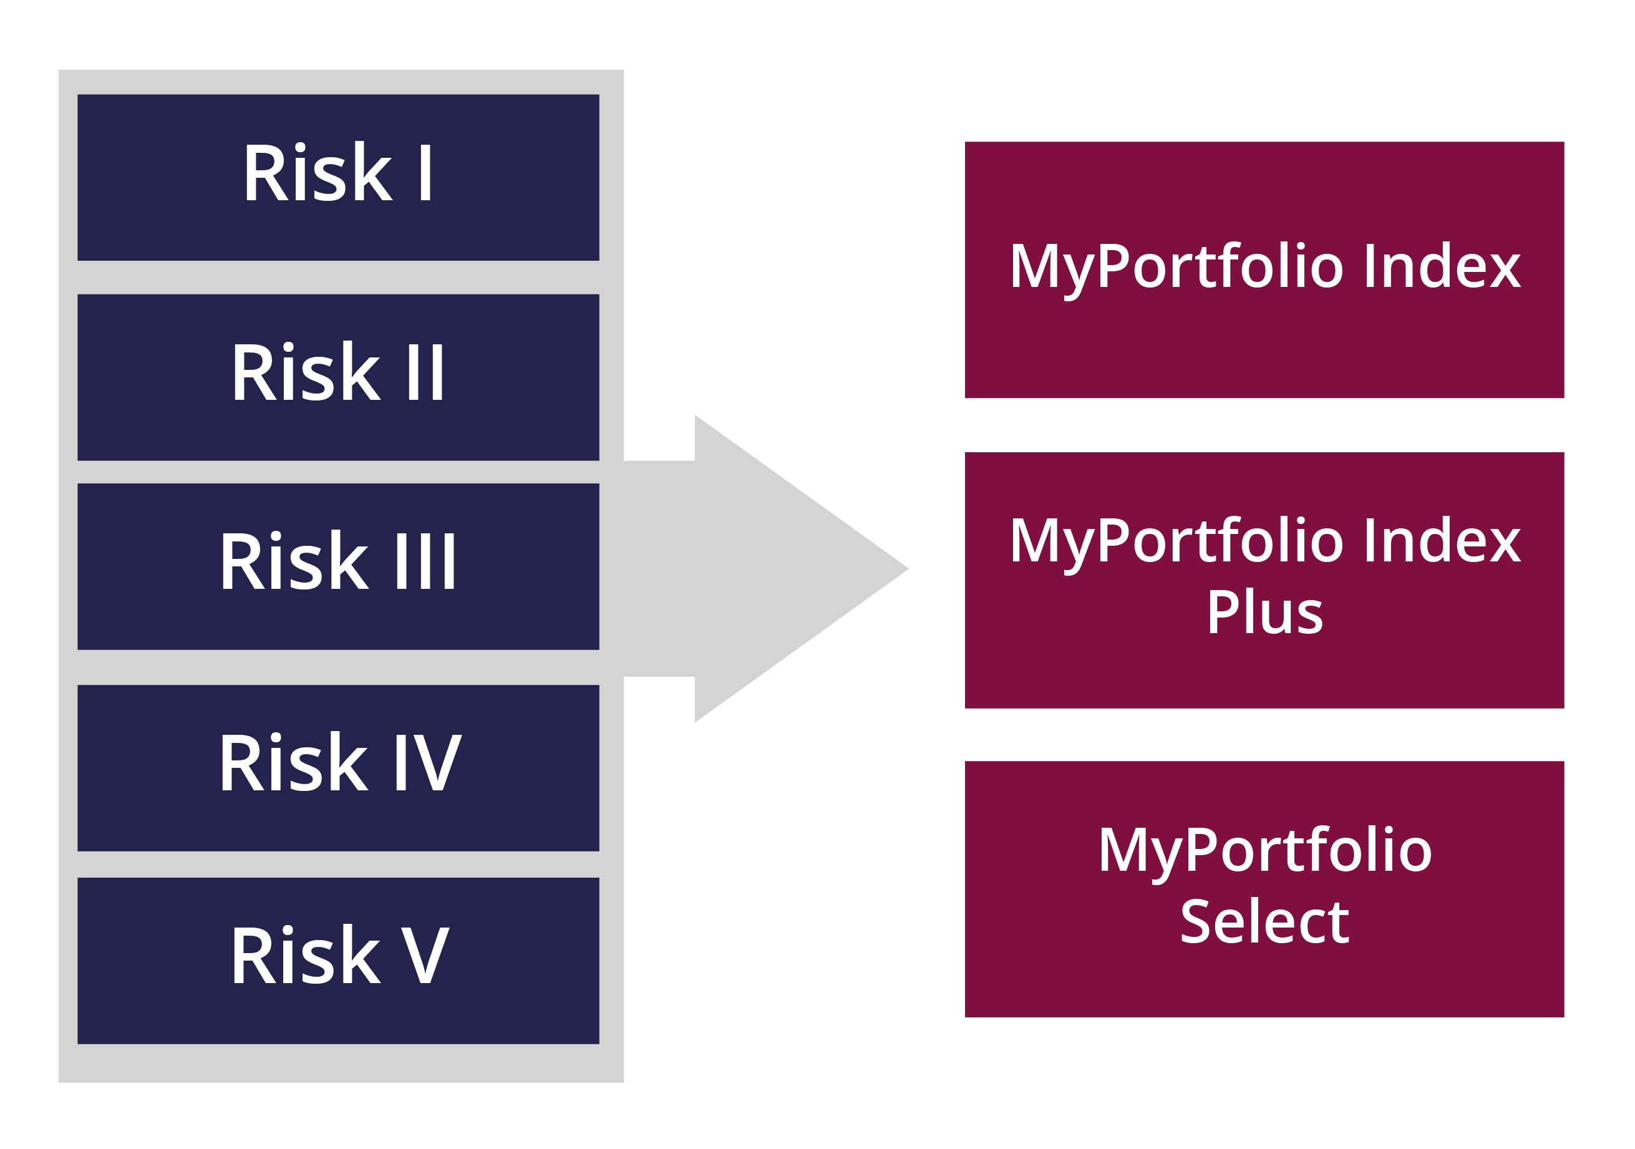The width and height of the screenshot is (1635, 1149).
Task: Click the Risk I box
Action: coord(338,177)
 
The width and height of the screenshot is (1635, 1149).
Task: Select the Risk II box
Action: coord(338,377)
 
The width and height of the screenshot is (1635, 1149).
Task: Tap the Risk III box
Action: coord(338,566)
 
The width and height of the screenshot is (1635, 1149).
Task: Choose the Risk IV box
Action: coord(338,768)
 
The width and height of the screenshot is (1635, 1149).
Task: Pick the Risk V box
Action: coord(338,961)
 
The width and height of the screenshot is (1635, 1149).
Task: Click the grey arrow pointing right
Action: coord(766,569)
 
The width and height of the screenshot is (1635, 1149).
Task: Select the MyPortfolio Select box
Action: coord(1264,889)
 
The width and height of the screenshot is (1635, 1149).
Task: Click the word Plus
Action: coord(1264,611)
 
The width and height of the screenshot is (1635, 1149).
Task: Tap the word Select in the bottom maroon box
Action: coord(1264,921)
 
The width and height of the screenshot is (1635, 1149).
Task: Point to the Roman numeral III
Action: coord(425,561)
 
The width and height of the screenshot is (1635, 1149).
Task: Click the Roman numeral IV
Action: coord(428,762)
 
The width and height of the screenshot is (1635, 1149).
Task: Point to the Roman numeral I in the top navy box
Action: coord(425,172)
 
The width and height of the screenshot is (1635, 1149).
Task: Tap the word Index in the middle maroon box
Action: coord(1443,540)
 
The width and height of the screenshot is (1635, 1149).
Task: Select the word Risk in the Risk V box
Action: coord(305,954)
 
